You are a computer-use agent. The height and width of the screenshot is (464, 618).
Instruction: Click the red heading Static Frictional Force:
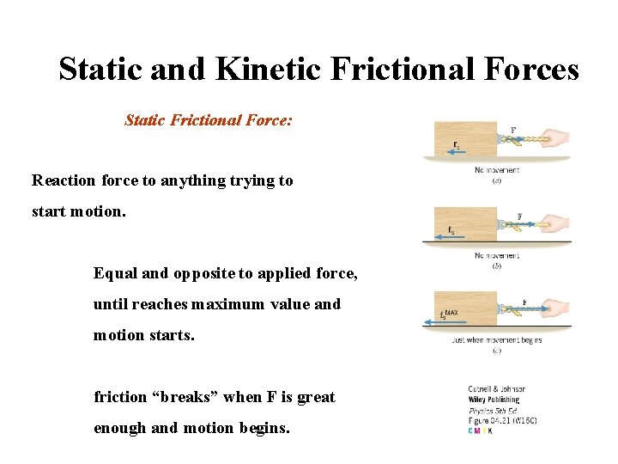tap(209, 120)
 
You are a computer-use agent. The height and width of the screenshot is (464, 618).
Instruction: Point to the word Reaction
tap(64, 180)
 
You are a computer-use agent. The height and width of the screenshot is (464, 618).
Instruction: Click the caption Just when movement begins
tap(496, 340)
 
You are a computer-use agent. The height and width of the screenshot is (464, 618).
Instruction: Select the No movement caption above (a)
tap(496, 170)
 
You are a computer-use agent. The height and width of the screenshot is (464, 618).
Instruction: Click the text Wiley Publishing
tap(495, 400)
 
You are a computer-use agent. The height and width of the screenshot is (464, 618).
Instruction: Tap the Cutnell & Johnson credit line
tap(496, 389)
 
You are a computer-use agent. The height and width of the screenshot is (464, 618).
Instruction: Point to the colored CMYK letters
tap(481, 430)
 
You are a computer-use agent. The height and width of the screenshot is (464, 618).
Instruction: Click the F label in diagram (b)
tap(519, 217)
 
